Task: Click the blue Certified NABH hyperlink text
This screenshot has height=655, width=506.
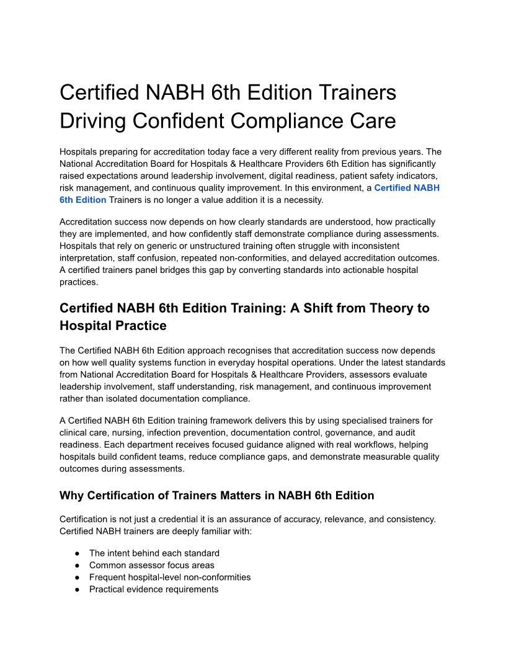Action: pos(407,187)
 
